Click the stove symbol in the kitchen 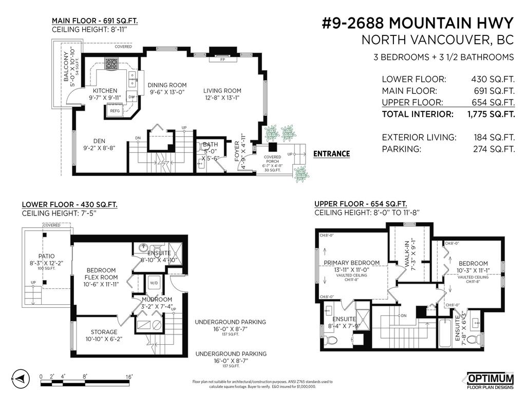(x=111, y=64)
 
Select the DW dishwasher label (x=131, y=97)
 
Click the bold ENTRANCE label (x=331, y=153)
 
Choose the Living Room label (x=222, y=91)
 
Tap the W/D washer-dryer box (x=154, y=283)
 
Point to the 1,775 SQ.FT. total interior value (x=491, y=114)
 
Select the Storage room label (x=104, y=332)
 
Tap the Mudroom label (x=157, y=299)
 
